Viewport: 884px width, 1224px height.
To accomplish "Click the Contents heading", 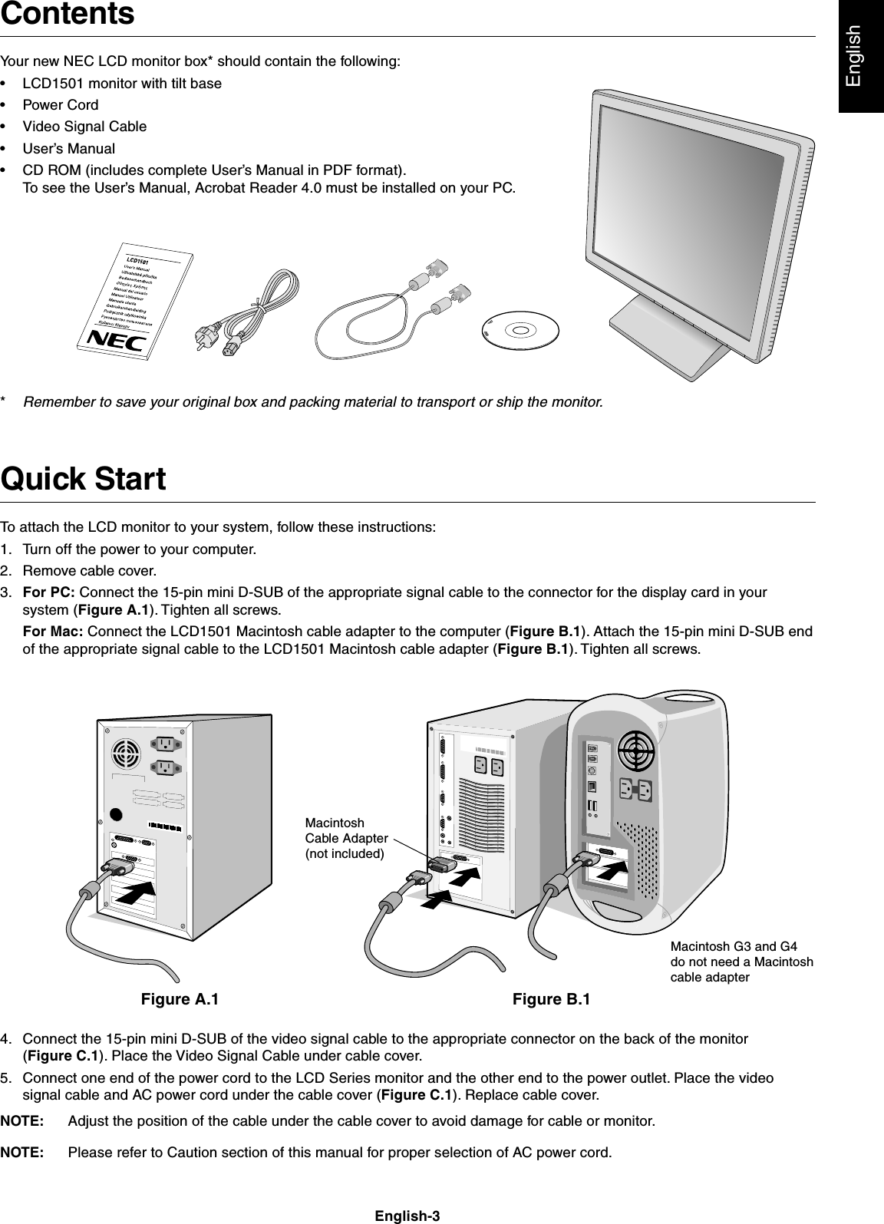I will (x=68, y=15).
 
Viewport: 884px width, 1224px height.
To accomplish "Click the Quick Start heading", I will (x=84, y=480).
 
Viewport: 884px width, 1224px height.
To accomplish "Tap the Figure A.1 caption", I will (x=179, y=999).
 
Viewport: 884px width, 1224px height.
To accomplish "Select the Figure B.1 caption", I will (x=551, y=999).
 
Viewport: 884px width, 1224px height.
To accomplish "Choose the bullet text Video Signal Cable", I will (x=84, y=126).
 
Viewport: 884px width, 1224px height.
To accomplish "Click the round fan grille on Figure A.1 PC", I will (x=126, y=754).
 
